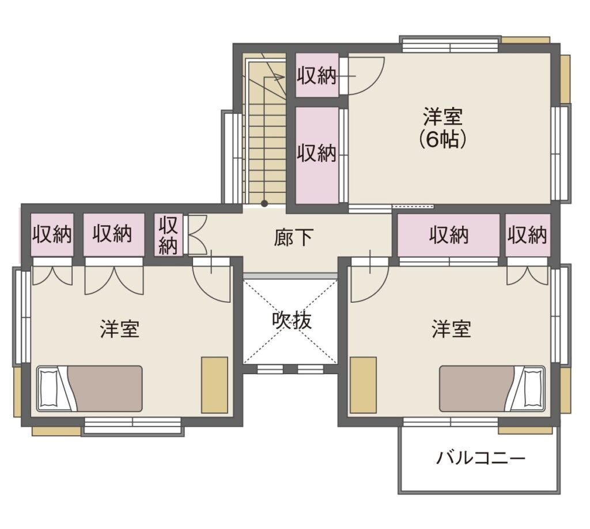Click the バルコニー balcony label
(x=481, y=458)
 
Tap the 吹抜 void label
(x=292, y=321)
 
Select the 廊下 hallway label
(x=293, y=238)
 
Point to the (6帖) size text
(x=443, y=139)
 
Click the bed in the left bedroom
(x=89, y=389)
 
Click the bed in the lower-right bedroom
(x=492, y=389)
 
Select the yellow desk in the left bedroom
(x=214, y=385)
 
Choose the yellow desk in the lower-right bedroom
(x=363, y=385)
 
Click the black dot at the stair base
(x=264, y=204)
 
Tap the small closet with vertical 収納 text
(x=168, y=235)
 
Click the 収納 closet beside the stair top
(x=317, y=75)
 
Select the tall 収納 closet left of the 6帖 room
(x=317, y=155)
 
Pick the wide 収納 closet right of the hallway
(x=449, y=235)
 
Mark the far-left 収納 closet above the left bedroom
(x=51, y=235)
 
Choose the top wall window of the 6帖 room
(x=450, y=44)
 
